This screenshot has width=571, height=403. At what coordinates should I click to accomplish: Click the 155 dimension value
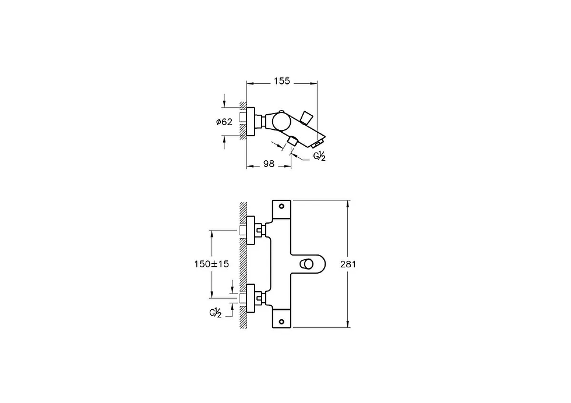(x=282, y=81)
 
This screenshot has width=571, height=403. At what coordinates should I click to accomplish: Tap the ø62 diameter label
(x=224, y=122)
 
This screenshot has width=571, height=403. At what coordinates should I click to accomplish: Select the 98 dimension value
(x=269, y=164)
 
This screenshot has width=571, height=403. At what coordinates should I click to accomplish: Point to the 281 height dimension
(x=348, y=264)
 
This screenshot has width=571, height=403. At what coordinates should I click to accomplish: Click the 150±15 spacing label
(x=212, y=264)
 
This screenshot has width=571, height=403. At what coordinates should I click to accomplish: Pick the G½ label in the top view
(x=319, y=157)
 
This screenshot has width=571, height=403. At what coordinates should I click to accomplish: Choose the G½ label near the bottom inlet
(x=215, y=313)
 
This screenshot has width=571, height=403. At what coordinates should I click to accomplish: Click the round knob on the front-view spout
(x=305, y=264)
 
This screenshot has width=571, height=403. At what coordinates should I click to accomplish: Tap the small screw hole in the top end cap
(x=281, y=206)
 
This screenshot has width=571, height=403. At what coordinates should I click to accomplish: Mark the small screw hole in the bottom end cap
(x=281, y=321)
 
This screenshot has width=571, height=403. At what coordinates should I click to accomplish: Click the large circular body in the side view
(x=281, y=121)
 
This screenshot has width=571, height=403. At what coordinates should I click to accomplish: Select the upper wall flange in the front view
(x=251, y=230)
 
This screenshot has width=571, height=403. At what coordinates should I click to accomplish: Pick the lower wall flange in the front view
(x=251, y=298)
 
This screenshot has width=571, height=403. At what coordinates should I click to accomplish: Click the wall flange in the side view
(x=251, y=122)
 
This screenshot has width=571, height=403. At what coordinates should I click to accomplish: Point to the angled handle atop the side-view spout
(x=306, y=118)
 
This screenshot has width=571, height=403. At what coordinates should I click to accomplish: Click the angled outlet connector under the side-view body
(x=292, y=142)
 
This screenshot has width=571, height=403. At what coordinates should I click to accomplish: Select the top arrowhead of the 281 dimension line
(x=348, y=203)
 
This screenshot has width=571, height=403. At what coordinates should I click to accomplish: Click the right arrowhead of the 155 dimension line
(x=313, y=83)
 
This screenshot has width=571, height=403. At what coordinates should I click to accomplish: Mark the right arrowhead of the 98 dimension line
(x=288, y=167)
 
